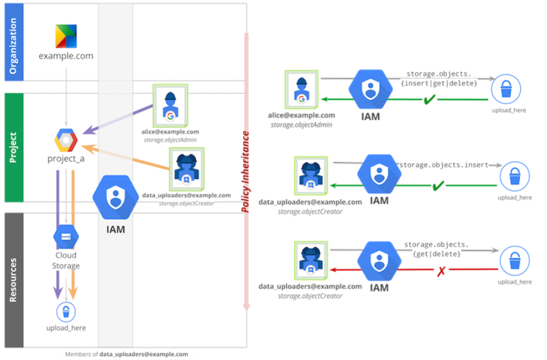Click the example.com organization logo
(x=66, y=36)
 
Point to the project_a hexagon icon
(x=66, y=140)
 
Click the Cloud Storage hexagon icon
(x=66, y=237)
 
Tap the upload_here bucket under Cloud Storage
(x=66, y=310)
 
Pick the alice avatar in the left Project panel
(x=171, y=106)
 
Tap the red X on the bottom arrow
(x=441, y=270)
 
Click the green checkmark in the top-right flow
(x=430, y=100)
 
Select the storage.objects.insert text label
(x=443, y=165)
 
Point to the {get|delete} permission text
(x=436, y=255)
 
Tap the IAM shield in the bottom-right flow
(x=379, y=262)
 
